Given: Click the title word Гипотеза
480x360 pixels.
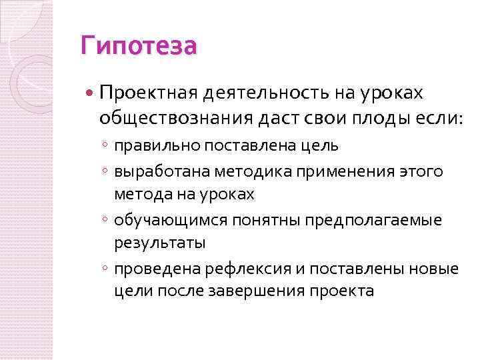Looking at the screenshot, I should [138, 47].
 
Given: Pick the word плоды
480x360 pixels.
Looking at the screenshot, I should [373, 118].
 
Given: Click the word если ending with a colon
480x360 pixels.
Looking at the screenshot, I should [424, 118].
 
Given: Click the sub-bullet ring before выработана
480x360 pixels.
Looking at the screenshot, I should [105, 173].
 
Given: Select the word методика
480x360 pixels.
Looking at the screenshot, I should [251, 172].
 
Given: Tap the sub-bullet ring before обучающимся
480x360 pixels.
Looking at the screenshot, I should [105, 221].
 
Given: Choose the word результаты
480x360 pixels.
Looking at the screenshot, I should [159, 243].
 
